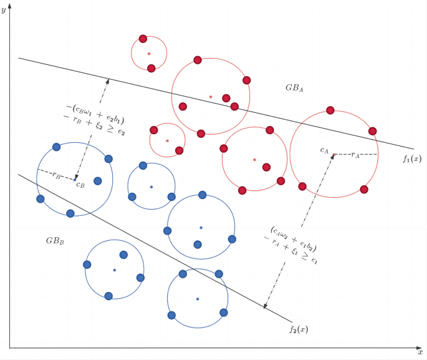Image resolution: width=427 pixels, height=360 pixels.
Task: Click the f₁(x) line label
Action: (411, 159)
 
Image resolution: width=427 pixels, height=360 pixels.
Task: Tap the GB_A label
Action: (294, 89)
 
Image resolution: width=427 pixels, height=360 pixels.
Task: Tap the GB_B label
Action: (54, 241)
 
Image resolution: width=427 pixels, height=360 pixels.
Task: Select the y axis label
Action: (4, 11)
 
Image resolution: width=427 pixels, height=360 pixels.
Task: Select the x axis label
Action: (420, 353)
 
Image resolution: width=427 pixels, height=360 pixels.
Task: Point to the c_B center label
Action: (80, 184)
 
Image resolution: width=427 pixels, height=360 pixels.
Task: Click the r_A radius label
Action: (355, 153)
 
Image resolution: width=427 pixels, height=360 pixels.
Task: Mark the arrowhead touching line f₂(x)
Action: (266, 305)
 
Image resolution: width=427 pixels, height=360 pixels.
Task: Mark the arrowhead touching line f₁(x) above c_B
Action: (108, 81)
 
